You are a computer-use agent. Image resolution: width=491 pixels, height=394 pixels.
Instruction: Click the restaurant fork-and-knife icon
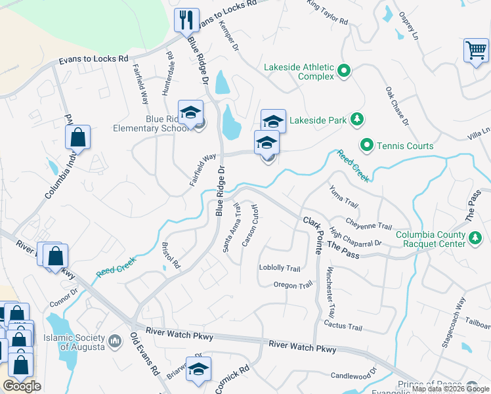[x=186, y=20]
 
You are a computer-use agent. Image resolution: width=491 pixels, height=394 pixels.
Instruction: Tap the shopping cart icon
[x=475, y=51]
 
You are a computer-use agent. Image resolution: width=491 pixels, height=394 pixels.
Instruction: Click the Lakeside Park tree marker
[x=356, y=120]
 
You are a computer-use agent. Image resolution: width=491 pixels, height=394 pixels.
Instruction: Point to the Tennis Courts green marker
[x=366, y=145]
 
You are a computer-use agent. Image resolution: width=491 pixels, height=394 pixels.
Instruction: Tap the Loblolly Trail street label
[x=280, y=268]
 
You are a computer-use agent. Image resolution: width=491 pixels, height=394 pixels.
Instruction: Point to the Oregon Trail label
[x=293, y=285]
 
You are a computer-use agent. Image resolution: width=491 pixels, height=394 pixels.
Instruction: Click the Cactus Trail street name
[x=343, y=326]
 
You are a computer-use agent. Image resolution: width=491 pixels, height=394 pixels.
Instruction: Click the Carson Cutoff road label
[x=250, y=227]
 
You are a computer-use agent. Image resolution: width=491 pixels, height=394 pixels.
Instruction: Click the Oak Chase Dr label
[x=397, y=105]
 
